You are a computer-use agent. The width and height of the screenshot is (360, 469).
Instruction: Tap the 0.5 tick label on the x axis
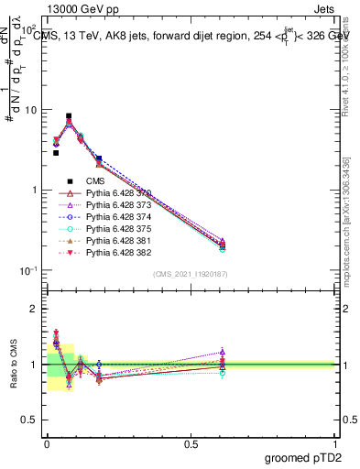click(x=191, y=444)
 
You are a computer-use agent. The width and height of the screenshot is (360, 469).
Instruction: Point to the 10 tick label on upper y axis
click(x=30, y=110)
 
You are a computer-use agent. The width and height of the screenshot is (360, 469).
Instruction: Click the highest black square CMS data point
click(x=69, y=116)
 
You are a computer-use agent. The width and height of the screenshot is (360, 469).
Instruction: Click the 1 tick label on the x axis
click(x=335, y=444)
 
